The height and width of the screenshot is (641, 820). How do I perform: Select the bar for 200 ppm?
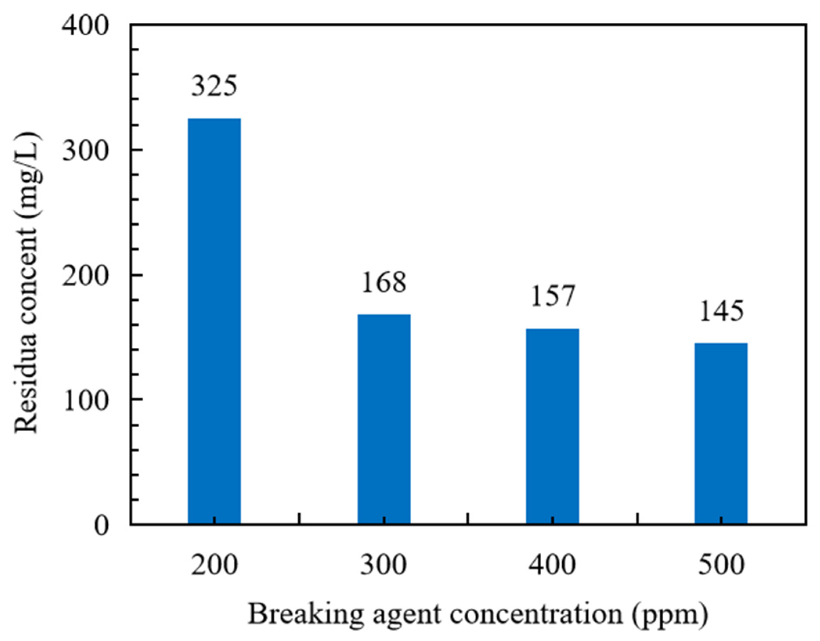point(214,321)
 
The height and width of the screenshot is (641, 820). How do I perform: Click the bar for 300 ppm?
point(384,419)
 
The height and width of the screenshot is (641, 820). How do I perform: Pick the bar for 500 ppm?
point(721,433)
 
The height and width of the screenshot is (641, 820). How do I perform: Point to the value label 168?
point(384,282)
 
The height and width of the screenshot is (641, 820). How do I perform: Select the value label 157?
point(553,296)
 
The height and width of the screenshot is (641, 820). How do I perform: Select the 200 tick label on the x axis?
point(214,565)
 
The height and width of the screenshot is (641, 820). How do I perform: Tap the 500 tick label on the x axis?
point(721,565)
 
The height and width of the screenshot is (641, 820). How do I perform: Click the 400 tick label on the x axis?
point(553,565)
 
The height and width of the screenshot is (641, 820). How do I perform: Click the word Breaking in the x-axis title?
point(306,615)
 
